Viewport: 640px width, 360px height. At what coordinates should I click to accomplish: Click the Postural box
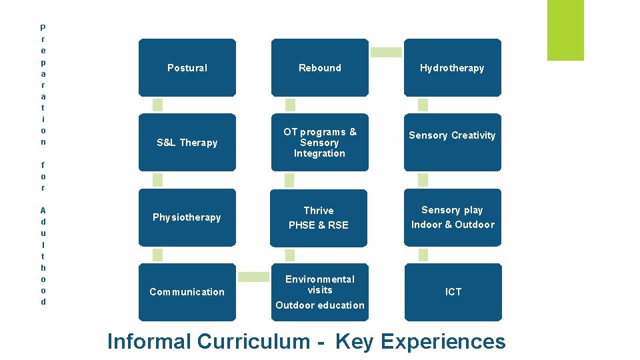[187, 67]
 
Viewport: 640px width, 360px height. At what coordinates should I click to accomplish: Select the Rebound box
[319, 67]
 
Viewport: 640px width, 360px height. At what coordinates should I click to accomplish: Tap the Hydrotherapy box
[452, 67]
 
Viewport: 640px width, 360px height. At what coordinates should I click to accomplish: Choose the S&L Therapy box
[187, 142]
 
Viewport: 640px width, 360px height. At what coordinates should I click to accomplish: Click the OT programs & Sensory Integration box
[319, 142]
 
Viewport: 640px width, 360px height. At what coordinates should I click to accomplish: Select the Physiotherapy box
[187, 217]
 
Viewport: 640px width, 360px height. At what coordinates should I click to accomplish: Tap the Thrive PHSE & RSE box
[319, 217]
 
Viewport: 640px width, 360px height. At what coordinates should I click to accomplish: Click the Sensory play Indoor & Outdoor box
[452, 217]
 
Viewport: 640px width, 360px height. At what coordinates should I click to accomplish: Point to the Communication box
[187, 292]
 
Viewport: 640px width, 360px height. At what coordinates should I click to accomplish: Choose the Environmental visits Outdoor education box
[319, 292]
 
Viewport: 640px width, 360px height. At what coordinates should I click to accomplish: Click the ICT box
[452, 292]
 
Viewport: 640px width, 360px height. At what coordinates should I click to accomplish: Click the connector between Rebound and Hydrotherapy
[386, 52]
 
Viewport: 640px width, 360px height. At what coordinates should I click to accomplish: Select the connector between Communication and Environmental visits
[253, 277]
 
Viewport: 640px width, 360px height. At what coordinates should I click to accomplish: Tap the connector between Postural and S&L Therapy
[157, 105]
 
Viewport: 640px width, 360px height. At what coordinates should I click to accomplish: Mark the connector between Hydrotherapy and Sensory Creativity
[423, 105]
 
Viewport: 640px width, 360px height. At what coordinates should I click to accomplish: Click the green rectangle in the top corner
[565, 30]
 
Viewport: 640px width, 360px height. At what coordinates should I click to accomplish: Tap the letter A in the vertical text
[43, 209]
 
